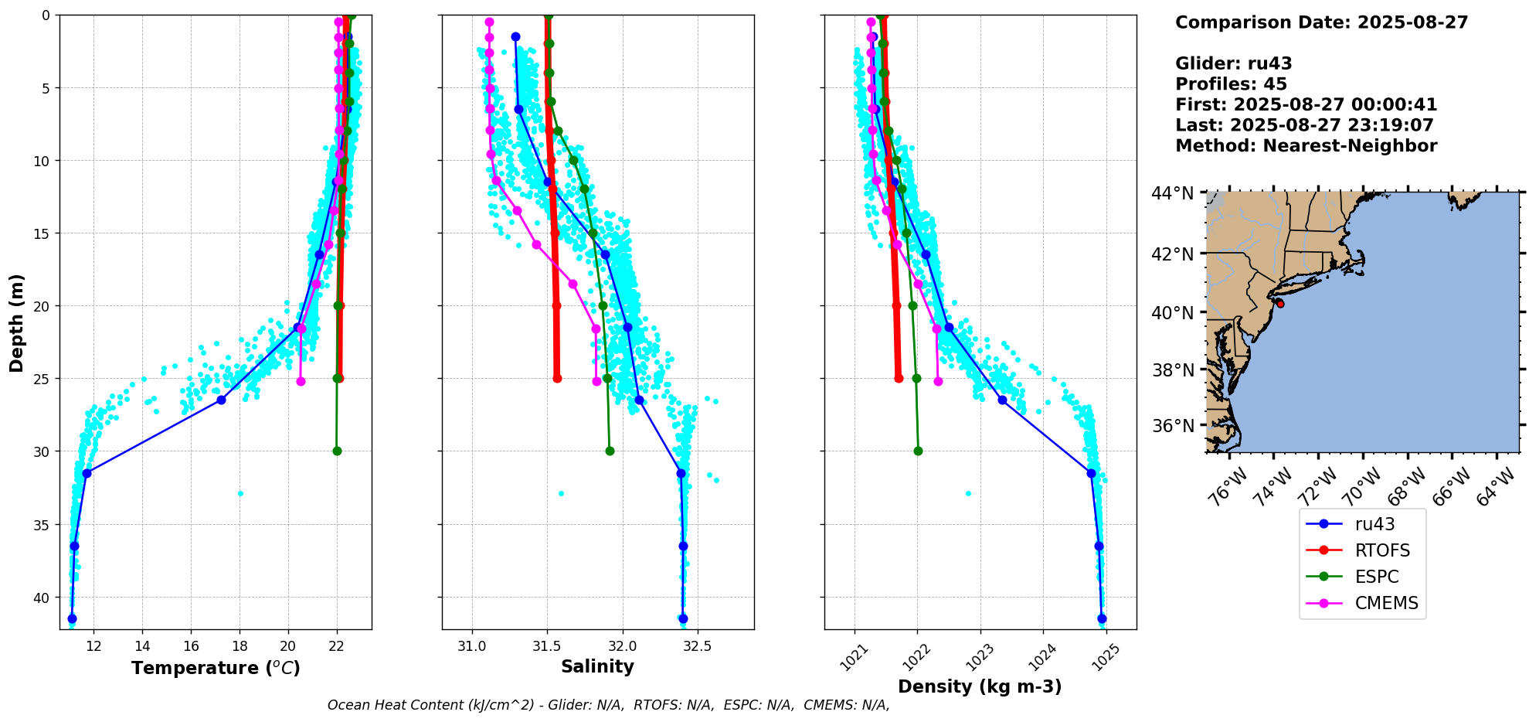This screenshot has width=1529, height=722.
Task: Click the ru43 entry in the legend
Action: [1374, 524]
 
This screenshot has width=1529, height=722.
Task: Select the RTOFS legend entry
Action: [1381, 550]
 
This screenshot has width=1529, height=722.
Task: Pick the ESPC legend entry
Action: [1376, 577]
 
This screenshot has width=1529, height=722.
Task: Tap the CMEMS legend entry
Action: [1386, 603]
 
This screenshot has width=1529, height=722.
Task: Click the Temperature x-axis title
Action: [216, 668]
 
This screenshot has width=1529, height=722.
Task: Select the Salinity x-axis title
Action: [597, 667]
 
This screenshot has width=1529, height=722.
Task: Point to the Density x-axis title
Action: [980, 686]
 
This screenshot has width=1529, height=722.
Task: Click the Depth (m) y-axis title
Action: [17, 322]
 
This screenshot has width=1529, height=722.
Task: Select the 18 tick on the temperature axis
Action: [240, 646]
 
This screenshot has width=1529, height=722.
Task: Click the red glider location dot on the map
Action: [1280, 304]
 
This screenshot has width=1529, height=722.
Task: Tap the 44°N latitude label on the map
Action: [1172, 193]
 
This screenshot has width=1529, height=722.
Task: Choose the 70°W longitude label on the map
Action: [1361, 488]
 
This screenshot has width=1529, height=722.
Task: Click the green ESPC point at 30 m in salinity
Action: [610, 451]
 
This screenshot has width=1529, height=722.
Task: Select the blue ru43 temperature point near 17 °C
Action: [221, 400]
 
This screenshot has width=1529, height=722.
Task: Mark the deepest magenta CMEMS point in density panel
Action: [938, 381]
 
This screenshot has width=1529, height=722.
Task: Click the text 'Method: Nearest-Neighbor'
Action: [1306, 146]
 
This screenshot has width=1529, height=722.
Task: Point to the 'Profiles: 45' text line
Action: [1231, 84]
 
